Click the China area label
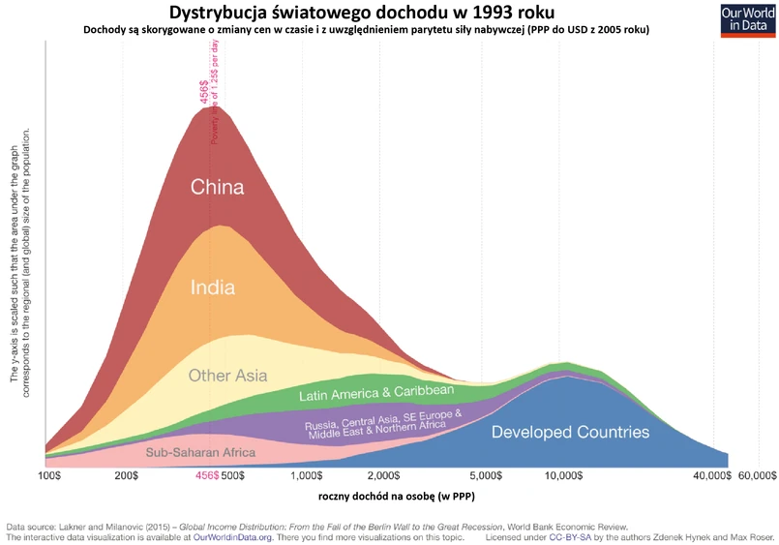pyautogui.click(x=217, y=187)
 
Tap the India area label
pyautogui.click(x=213, y=287)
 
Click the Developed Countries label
pyautogui.click(x=570, y=432)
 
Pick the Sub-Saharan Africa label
pyautogui.click(x=200, y=452)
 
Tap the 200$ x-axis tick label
pyautogui.click(x=128, y=476)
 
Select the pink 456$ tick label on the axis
pyautogui.click(x=207, y=476)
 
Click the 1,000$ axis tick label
pyautogui.click(x=306, y=476)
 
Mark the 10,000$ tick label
pyautogui.click(x=562, y=476)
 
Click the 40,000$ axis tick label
pyautogui.click(x=711, y=476)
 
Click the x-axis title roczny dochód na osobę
pyautogui.click(x=397, y=497)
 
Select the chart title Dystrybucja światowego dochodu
pyautogui.click(x=363, y=13)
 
